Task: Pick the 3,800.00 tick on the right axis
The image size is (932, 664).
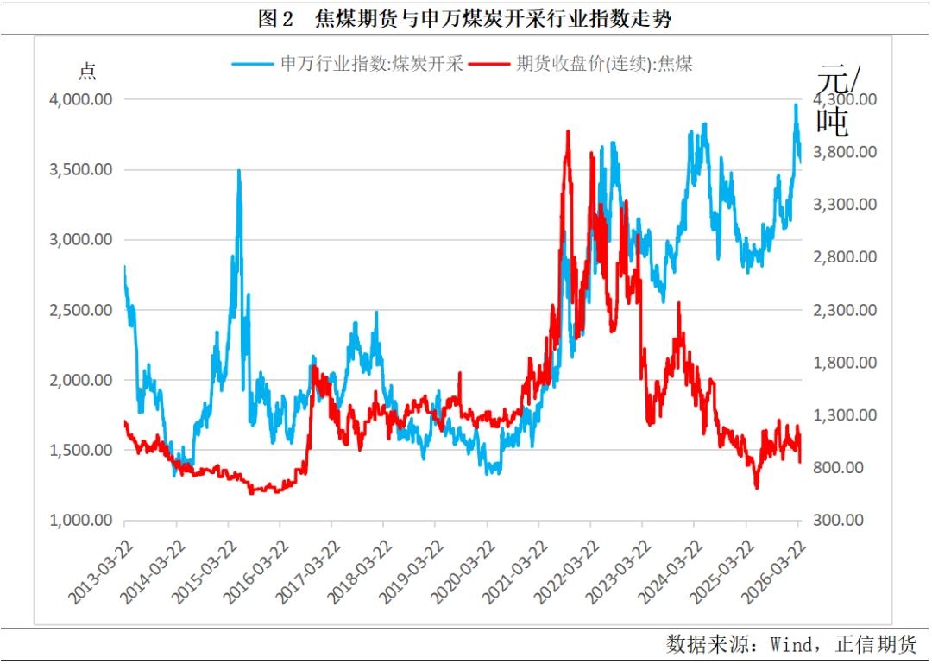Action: tap(846, 152)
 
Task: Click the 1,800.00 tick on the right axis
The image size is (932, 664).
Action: tap(846, 363)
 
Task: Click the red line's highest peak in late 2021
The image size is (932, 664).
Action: tap(567, 131)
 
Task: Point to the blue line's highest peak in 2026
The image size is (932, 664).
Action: tap(796, 104)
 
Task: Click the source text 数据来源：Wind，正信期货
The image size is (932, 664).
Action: tap(791, 643)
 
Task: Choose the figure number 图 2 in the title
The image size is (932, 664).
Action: tap(276, 19)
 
